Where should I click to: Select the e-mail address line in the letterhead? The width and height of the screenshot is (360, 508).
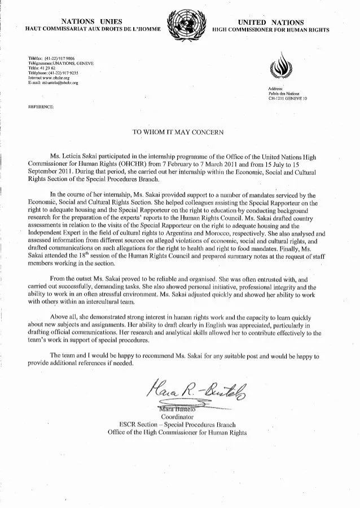tap(52, 83)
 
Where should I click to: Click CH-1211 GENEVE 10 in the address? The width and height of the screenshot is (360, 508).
tap(287, 98)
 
